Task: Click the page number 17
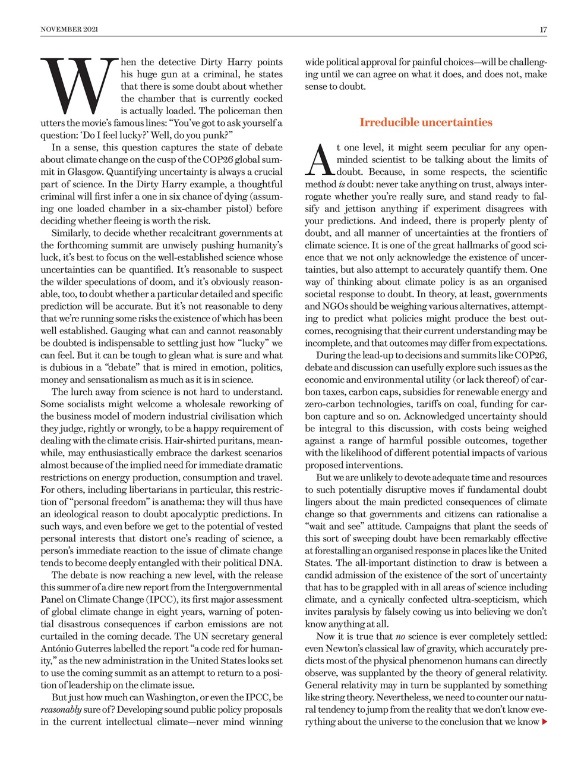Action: coord(543,29)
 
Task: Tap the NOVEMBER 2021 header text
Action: coord(70,29)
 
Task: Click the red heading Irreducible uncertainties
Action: coord(425,122)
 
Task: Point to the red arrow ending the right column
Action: coord(544,722)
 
